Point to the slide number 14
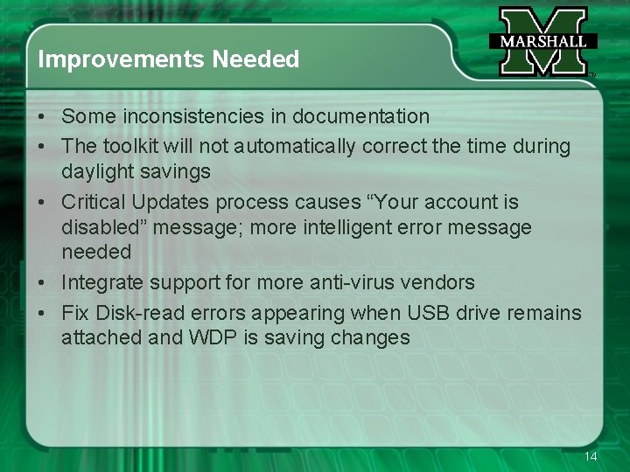tap(591, 457)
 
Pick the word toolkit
tap(131, 146)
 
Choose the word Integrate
tap(102, 282)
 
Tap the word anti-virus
tap(350, 282)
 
